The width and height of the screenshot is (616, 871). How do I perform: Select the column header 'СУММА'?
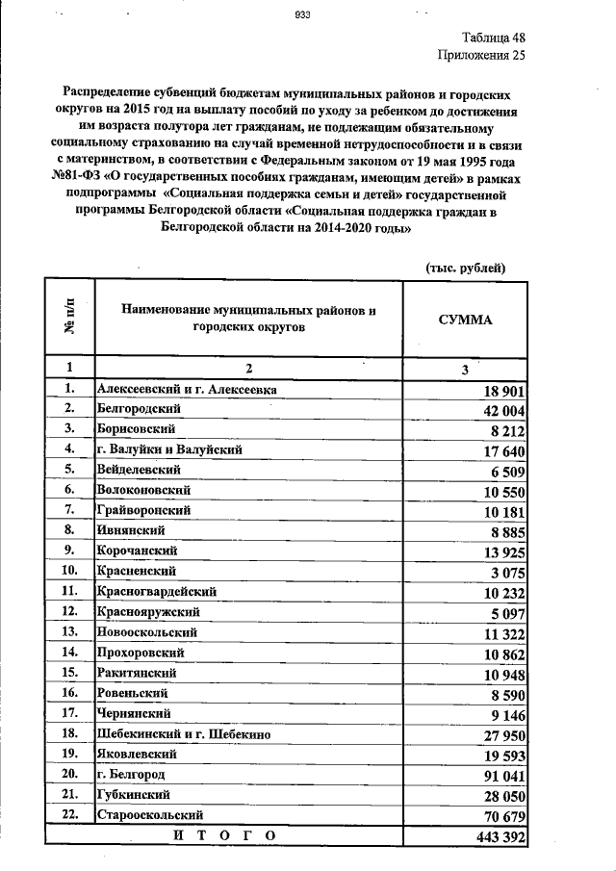465,320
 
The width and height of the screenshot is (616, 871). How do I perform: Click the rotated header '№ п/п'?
69,319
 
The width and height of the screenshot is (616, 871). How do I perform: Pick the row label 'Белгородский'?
140,409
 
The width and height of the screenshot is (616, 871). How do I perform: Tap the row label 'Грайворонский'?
143,509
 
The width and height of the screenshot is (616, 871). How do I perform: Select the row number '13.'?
68,632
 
